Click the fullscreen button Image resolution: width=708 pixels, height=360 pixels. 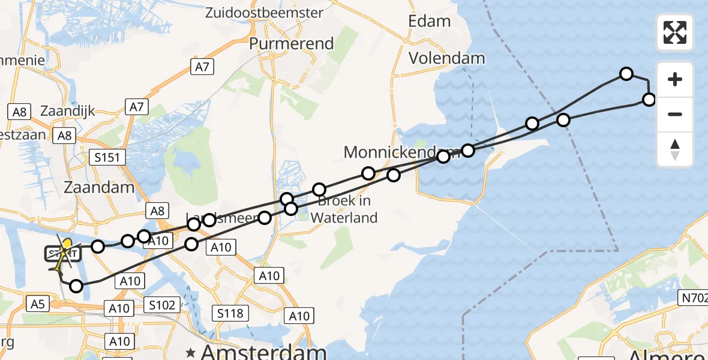(x=675, y=32)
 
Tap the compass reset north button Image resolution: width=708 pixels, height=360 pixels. (x=675, y=149)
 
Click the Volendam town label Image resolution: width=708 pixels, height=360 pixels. (x=446, y=58)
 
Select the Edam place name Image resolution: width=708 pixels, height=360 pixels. (x=429, y=21)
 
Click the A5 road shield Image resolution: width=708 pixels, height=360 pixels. (x=37, y=305)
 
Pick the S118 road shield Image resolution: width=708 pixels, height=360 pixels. (x=230, y=313)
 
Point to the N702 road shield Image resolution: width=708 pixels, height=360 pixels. (x=692, y=298)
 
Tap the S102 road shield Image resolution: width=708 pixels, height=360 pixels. (x=162, y=305)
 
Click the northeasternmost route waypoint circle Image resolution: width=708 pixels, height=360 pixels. (x=626, y=74)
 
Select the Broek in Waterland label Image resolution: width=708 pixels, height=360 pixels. (x=344, y=209)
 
